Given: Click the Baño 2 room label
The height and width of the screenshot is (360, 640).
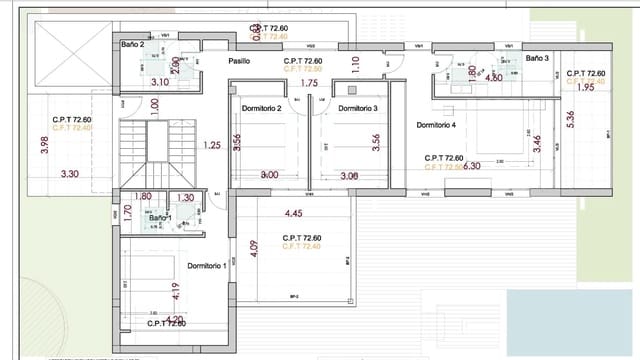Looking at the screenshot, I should click(x=133, y=45).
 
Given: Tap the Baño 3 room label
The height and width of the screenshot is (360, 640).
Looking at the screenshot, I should click(x=538, y=59).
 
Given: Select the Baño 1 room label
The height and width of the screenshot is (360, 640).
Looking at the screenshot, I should click(x=160, y=217).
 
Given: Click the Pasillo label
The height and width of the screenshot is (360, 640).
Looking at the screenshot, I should click(x=239, y=61).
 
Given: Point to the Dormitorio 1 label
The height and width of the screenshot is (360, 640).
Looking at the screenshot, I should click(x=207, y=265).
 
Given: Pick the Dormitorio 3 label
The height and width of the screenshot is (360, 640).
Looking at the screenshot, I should click(x=357, y=108).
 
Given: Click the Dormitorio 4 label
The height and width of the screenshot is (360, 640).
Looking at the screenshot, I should click(x=436, y=125).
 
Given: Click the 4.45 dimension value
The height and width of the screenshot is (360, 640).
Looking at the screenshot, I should click(x=294, y=213).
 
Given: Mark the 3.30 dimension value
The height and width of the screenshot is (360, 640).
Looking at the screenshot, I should click(x=70, y=174).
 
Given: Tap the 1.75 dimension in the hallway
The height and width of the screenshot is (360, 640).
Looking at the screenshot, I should click(x=308, y=83).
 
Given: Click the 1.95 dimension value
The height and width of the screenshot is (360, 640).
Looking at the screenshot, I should click(x=585, y=88).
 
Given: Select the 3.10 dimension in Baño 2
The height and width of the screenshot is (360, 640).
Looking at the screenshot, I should click(x=159, y=82).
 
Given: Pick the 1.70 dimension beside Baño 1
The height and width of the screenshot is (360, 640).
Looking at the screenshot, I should click(x=127, y=212).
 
